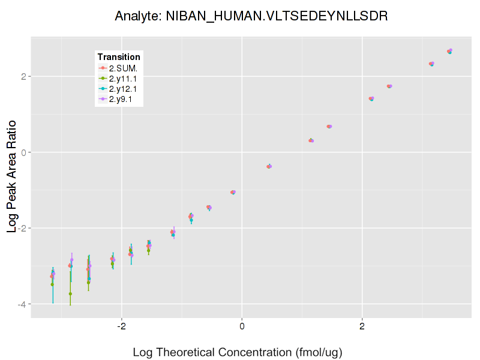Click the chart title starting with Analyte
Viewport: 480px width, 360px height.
(251, 16)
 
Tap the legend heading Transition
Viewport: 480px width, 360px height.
(119, 57)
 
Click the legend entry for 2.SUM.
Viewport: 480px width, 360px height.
(123, 68)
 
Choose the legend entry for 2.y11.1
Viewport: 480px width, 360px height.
(123, 78)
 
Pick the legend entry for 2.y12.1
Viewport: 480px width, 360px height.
(123, 88)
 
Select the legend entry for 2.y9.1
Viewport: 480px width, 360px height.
(121, 98)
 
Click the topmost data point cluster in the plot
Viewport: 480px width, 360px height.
(449, 52)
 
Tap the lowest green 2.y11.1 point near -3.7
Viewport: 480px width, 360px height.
(70, 294)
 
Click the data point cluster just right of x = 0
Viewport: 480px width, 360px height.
(269, 166)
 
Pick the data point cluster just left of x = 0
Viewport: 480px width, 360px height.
(233, 192)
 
